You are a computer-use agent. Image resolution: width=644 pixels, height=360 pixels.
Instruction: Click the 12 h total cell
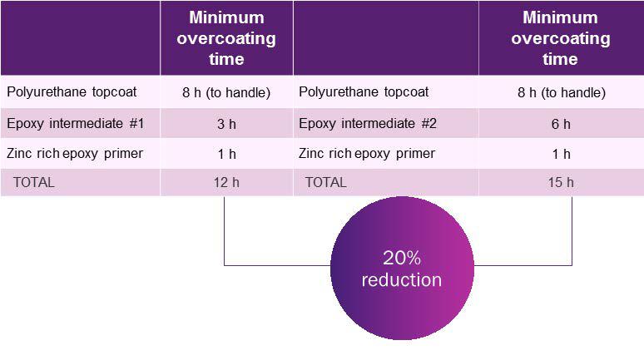(x=226, y=182)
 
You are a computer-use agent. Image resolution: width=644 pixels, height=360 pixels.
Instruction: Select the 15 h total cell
(x=561, y=182)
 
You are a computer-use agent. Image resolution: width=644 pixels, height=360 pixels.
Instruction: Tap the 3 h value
(x=226, y=124)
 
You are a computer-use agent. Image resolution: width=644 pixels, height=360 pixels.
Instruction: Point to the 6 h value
(x=561, y=124)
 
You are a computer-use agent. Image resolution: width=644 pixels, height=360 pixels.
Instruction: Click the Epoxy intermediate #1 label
(x=76, y=124)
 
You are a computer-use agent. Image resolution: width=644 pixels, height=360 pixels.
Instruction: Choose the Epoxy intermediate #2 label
(x=368, y=124)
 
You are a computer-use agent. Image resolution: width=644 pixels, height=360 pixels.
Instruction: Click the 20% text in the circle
(x=402, y=259)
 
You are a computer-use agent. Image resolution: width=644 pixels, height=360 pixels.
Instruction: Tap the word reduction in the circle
(x=402, y=280)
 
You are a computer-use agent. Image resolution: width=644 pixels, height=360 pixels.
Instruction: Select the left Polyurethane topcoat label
(x=72, y=92)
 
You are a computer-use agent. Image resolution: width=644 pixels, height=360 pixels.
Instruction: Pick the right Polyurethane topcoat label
(x=364, y=92)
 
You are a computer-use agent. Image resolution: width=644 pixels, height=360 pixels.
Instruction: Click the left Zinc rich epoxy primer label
(x=75, y=154)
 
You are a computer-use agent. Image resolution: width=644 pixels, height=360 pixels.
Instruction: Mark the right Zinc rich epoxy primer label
(x=367, y=154)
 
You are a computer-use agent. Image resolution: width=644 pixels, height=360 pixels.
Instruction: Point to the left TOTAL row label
(x=33, y=182)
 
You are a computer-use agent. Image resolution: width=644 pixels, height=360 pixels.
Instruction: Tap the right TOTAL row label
(x=325, y=182)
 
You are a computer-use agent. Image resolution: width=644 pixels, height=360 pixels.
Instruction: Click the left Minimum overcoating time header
(x=226, y=38)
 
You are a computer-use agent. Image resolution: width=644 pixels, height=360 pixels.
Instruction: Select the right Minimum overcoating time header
(x=561, y=38)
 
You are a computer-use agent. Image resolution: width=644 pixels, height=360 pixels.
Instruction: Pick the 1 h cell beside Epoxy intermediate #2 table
(x=561, y=155)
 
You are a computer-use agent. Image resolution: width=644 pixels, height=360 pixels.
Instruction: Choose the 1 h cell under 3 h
(x=226, y=155)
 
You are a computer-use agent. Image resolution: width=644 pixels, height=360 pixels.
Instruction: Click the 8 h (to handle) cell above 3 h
(x=226, y=93)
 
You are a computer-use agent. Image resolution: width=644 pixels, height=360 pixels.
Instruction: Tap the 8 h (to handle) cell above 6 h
(x=562, y=93)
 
